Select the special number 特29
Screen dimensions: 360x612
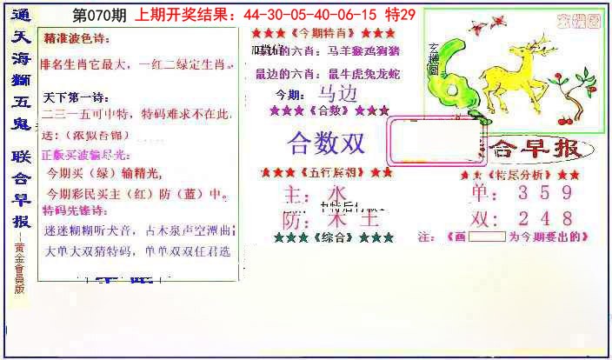pos(424,15)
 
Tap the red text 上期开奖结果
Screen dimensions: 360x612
pos(187,15)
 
